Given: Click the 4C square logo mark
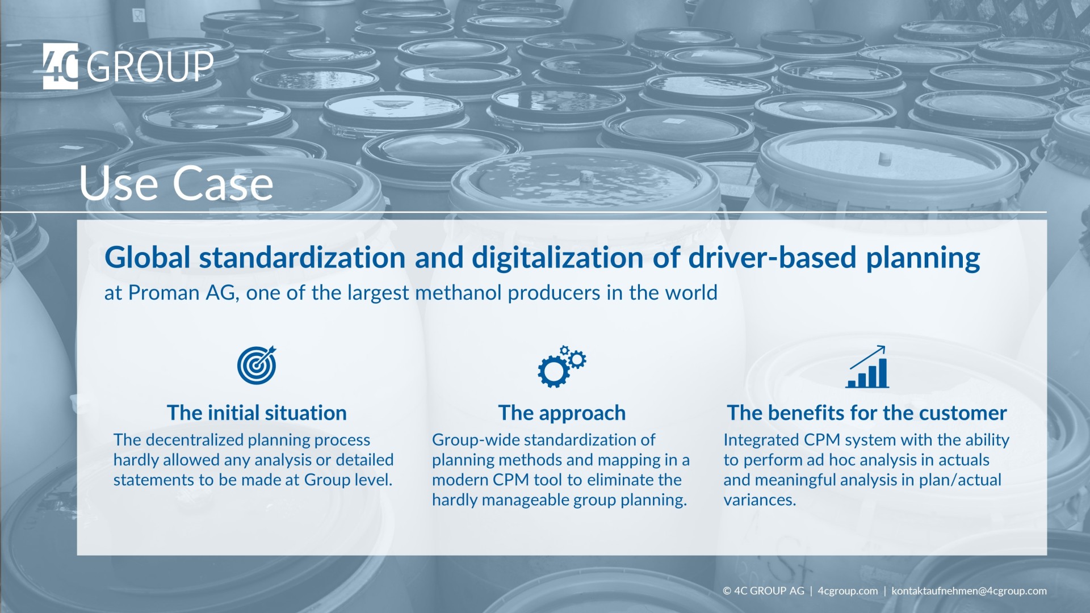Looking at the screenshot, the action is (60, 66).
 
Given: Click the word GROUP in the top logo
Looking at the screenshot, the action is (150, 67).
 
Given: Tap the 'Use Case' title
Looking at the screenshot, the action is (176, 183).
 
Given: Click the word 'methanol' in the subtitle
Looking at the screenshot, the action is (459, 293).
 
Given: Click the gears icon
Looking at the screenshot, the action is (561, 366).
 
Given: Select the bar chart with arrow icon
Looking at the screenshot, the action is (867, 367).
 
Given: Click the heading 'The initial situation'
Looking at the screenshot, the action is (257, 413).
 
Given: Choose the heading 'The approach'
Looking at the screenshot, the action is (562, 413).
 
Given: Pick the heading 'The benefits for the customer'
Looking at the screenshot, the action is (867, 413).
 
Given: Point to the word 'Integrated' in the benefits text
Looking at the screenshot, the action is (753, 440).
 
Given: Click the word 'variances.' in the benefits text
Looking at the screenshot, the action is (760, 499).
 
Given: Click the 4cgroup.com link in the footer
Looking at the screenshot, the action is (848, 591).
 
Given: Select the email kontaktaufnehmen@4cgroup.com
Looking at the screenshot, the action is (969, 591).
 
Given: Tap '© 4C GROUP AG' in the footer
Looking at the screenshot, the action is (764, 591).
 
